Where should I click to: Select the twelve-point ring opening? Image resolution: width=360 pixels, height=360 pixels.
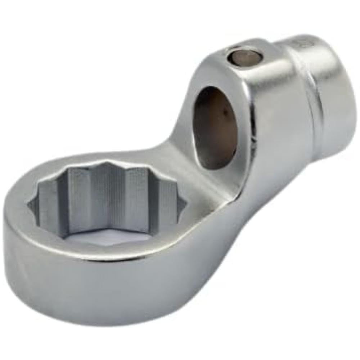tap(108, 202)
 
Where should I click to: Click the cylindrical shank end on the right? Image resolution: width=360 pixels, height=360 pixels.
tap(324, 97)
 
